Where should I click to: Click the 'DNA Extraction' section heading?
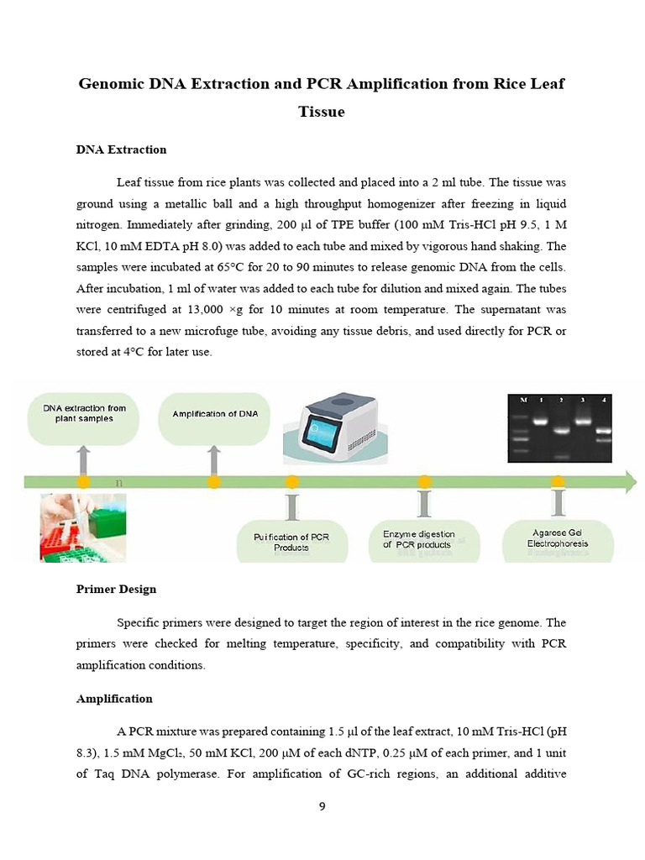[121, 149]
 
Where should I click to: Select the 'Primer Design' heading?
[116, 589]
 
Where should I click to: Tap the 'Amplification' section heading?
[114, 698]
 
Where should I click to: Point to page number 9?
[322, 806]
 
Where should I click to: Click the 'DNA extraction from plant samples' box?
[84, 414]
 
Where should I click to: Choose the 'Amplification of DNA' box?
[216, 414]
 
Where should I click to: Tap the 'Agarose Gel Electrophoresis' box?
[558, 538]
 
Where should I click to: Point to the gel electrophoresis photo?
[559, 427]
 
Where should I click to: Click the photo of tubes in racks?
[82, 527]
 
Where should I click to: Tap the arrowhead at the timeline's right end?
[627, 481]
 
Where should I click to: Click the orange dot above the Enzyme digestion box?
[424, 481]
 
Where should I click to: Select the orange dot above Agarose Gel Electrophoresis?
[558, 481]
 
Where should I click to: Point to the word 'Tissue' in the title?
[322, 111]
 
